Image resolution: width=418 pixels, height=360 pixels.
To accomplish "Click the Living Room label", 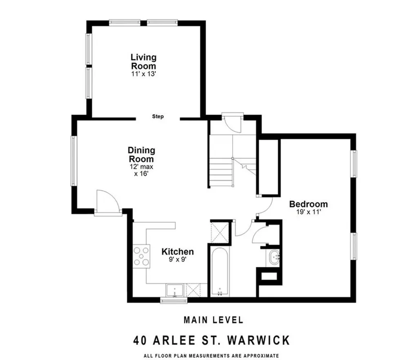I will point(143,61).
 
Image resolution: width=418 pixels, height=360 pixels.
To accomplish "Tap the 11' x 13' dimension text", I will point(143,74).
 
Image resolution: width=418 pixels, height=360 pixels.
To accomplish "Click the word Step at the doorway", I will point(158,116).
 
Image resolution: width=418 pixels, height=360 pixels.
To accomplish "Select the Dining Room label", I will point(141,154).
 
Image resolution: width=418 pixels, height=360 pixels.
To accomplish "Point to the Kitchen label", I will point(178,252).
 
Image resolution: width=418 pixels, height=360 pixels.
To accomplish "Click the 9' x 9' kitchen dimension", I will point(178,259).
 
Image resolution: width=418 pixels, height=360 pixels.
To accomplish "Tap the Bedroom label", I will point(308,204).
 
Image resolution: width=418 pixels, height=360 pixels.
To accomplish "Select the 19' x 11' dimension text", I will point(308,212).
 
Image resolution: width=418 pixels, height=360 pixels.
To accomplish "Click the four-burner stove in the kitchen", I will point(141,256).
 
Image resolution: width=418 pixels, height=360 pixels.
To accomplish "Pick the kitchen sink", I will point(176,291).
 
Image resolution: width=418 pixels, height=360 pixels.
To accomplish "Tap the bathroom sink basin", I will point(273,257).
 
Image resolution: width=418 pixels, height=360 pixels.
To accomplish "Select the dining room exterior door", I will point(108,202).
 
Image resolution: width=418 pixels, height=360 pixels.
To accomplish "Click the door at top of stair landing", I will point(232,123).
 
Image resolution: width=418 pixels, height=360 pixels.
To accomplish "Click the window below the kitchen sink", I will point(173,301).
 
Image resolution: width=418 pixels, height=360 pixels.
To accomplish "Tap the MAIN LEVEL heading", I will point(213,320).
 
